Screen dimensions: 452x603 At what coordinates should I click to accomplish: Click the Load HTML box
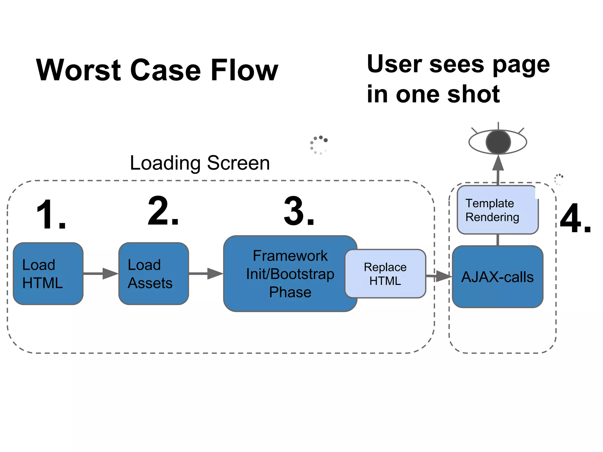(x=48, y=274)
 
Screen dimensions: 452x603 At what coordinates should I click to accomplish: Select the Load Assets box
(x=153, y=274)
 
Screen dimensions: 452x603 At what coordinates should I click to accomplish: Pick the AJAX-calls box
(x=498, y=277)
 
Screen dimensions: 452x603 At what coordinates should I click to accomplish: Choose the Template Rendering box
(x=498, y=210)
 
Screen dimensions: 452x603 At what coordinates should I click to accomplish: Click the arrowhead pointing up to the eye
(x=498, y=164)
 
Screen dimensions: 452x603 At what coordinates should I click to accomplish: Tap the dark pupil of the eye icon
(x=498, y=142)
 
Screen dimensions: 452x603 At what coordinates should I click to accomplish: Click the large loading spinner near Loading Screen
(x=319, y=145)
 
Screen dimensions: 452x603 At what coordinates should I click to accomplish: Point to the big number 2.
(x=163, y=211)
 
